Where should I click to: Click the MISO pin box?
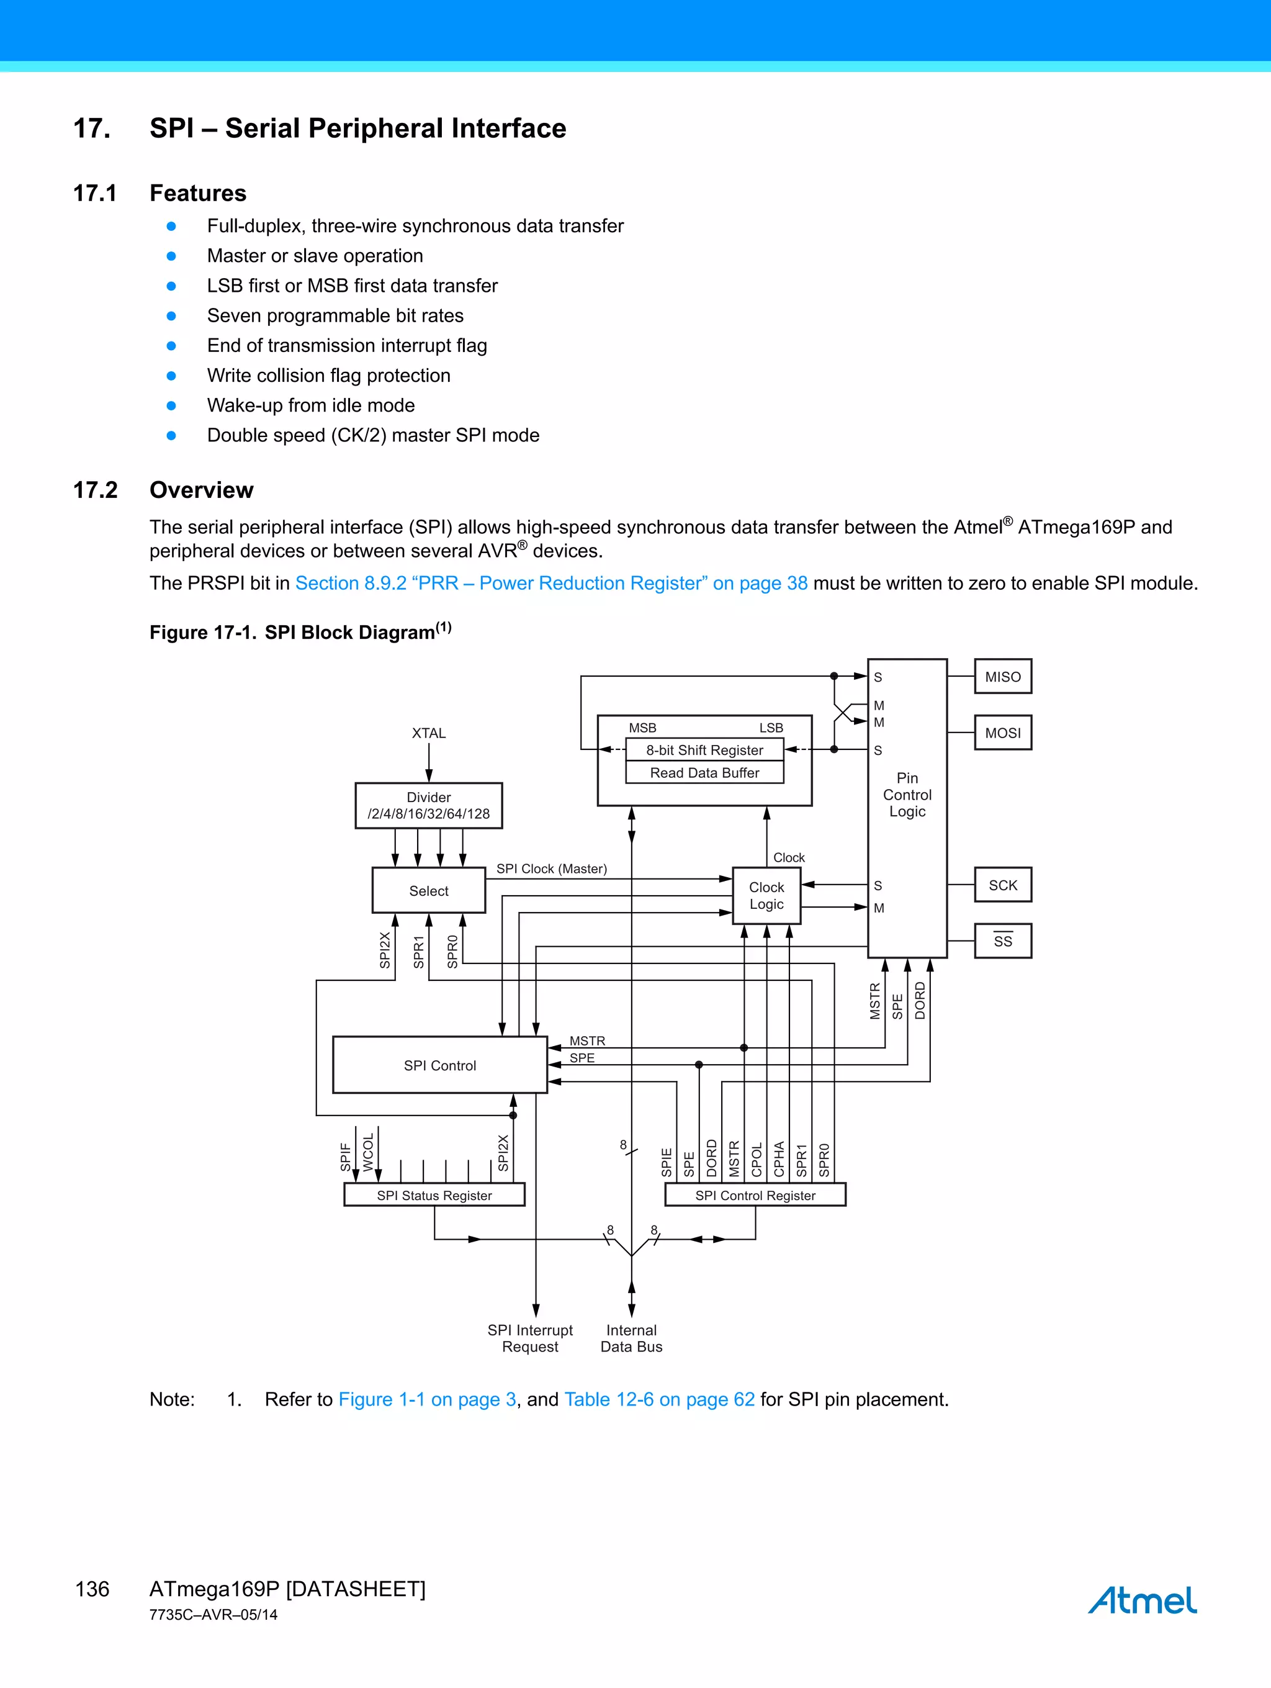[x=1002, y=677]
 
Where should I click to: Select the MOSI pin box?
[x=1002, y=733]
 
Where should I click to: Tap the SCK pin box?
[x=1002, y=885]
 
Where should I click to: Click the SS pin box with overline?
[x=1002, y=941]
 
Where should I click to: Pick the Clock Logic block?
[x=766, y=896]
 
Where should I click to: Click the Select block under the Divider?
[x=429, y=890]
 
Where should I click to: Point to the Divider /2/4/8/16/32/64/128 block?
[x=429, y=806]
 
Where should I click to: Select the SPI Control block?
[x=439, y=1065]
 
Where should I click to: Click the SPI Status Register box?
[x=434, y=1195]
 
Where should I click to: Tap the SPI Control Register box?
[x=755, y=1195]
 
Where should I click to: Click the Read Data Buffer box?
[x=704, y=773]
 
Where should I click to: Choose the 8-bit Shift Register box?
[x=704, y=750]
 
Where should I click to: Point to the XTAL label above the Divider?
[x=429, y=733]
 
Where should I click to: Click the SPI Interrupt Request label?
[x=530, y=1338]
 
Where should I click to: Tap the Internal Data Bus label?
[x=631, y=1338]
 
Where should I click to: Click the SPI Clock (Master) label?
[x=552, y=869]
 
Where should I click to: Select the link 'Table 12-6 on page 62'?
[x=659, y=1399]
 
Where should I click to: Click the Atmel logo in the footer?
[x=1142, y=1600]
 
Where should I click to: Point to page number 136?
[x=92, y=1589]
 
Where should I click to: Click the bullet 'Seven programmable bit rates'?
[x=335, y=316]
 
